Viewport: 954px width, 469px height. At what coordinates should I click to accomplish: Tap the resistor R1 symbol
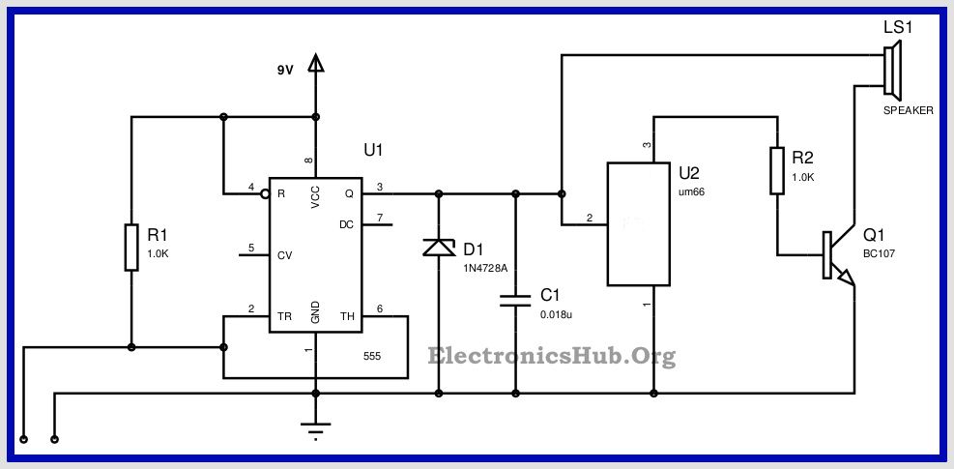[131, 248]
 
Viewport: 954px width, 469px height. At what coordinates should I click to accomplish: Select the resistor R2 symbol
[776, 170]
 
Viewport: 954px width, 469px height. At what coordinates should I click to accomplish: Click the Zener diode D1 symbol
[440, 249]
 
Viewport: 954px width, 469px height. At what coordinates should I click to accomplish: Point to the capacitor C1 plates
[515, 299]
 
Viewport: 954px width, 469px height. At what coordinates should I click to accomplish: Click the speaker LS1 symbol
[892, 71]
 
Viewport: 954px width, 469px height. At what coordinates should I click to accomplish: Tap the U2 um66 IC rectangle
[638, 223]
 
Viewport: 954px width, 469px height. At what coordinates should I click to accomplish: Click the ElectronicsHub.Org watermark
[552, 356]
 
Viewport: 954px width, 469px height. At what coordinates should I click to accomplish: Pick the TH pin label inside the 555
[348, 316]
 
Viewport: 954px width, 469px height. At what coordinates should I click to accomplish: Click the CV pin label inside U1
[283, 256]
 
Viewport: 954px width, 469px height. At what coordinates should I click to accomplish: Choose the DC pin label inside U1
[346, 224]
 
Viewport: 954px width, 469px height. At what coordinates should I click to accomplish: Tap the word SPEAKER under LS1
[908, 111]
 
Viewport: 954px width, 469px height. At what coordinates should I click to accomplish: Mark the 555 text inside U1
[371, 356]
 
